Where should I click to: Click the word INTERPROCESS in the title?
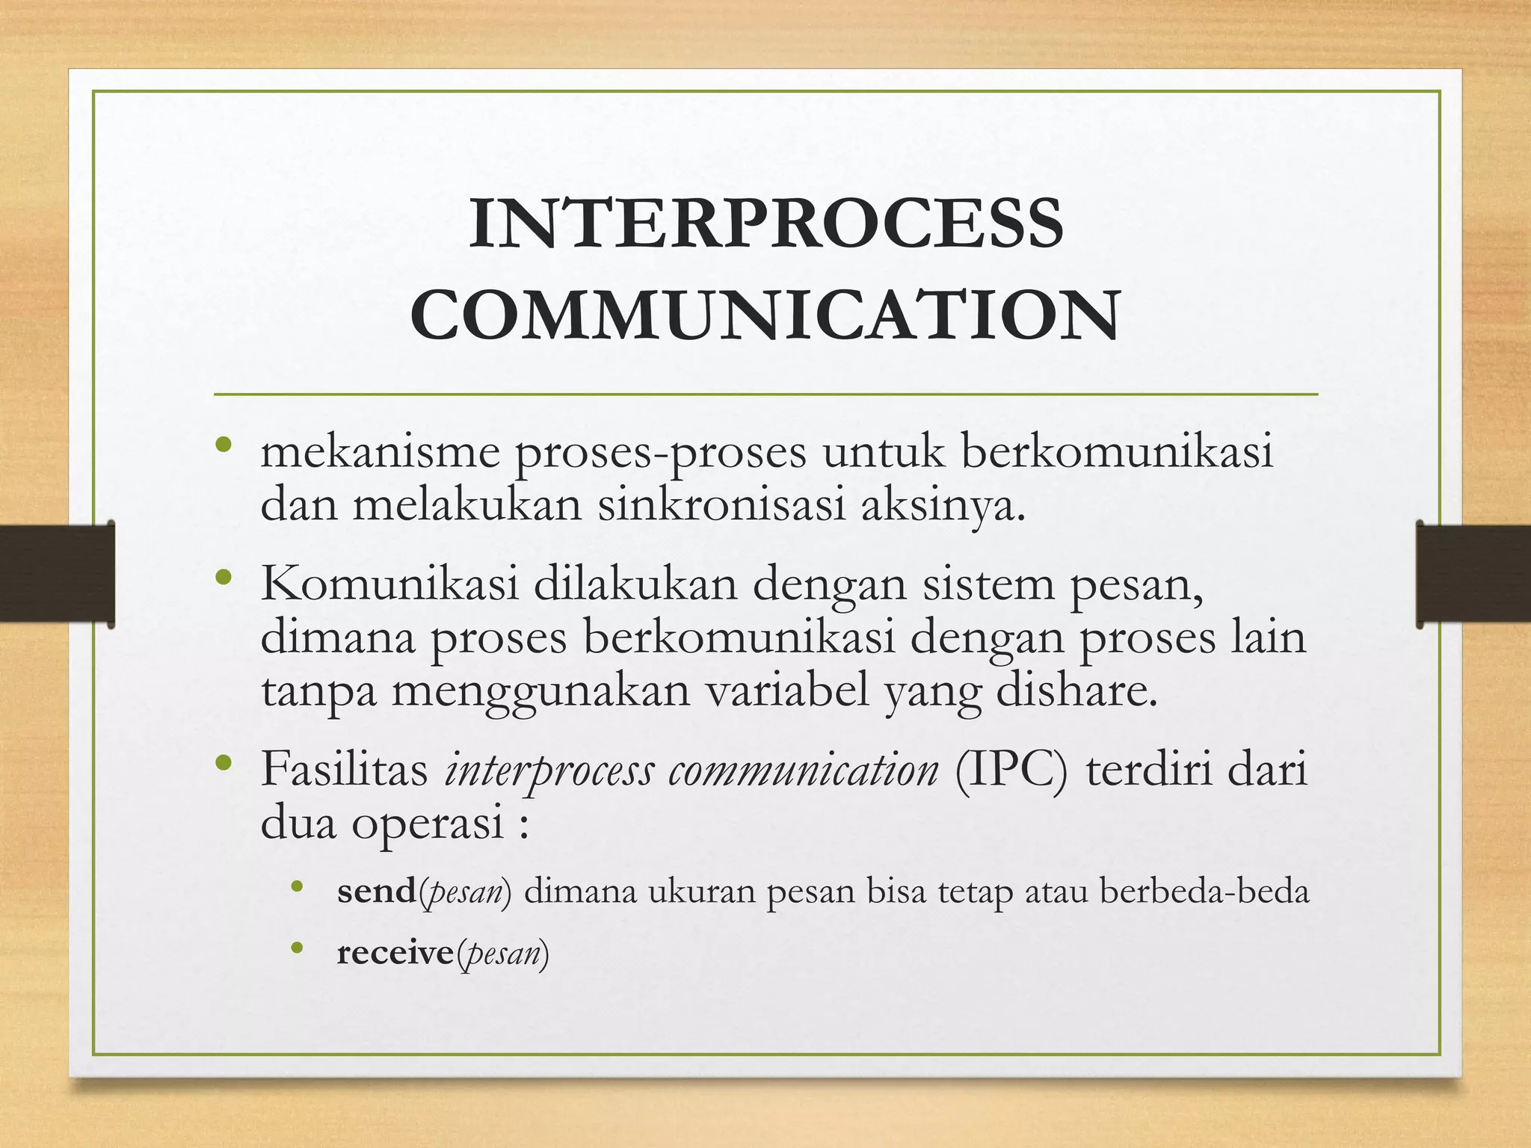point(765,223)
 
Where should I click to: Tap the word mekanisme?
point(380,452)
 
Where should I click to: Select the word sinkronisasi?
point(721,504)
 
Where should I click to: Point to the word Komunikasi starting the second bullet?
point(389,584)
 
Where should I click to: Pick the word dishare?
point(1076,690)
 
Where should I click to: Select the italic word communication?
point(803,770)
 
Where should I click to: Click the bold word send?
point(376,891)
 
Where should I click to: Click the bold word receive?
point(395,953)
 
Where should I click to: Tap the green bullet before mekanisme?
point(223,446)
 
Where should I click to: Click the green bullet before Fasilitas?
point(223,763)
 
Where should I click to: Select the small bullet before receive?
point(298,948)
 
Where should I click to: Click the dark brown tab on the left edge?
point(56,573)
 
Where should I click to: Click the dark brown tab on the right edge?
point(1473,573)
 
